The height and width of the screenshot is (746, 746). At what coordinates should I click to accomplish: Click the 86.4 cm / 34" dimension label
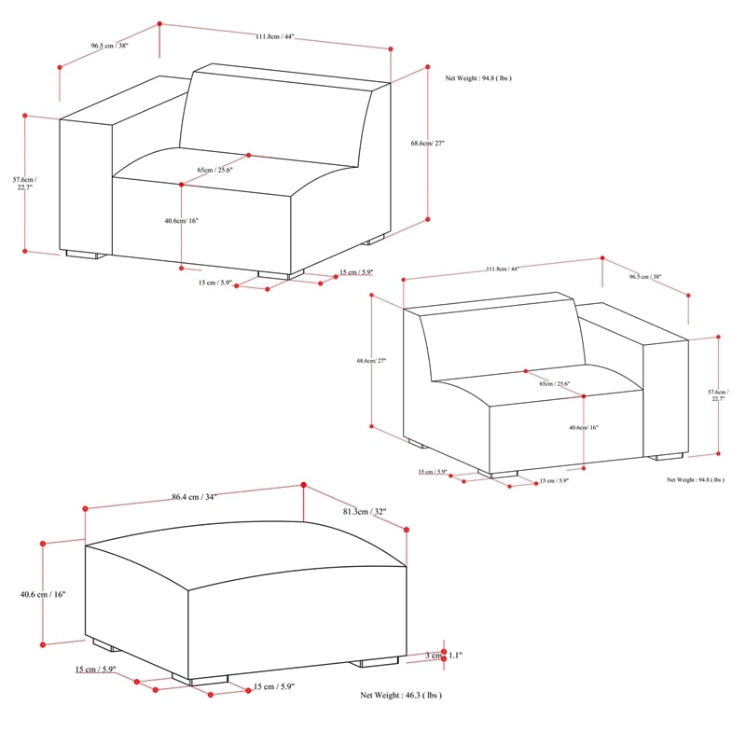pyautogui.click(x=194, y=497)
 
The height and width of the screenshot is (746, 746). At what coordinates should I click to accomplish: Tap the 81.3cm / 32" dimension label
pyautogui.click(x=364, y=512)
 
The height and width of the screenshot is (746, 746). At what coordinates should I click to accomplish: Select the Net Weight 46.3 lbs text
pyautogui.click(x=401, y=696)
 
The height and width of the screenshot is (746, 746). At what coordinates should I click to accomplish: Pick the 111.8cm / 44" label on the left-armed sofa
pyautogui.click(x=274, y=36)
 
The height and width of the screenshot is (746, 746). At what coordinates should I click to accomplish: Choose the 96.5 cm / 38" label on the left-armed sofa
pyautogui.click(x=108, y=45)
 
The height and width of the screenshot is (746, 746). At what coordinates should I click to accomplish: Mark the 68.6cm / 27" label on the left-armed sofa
pyautogui.click(x=428, y=144)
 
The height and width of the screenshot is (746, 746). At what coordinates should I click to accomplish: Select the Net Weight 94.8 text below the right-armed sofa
pyautogui.click(x=695, y=479)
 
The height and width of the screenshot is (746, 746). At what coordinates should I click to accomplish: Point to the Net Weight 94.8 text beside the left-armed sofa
pyautogui.click(x=478, y=79)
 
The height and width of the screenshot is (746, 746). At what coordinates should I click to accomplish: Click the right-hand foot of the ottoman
pyautogui.click(x=375, y=663)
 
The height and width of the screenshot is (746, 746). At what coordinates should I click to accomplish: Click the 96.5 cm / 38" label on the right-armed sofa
pyautogui.click(x=645, y=277)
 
